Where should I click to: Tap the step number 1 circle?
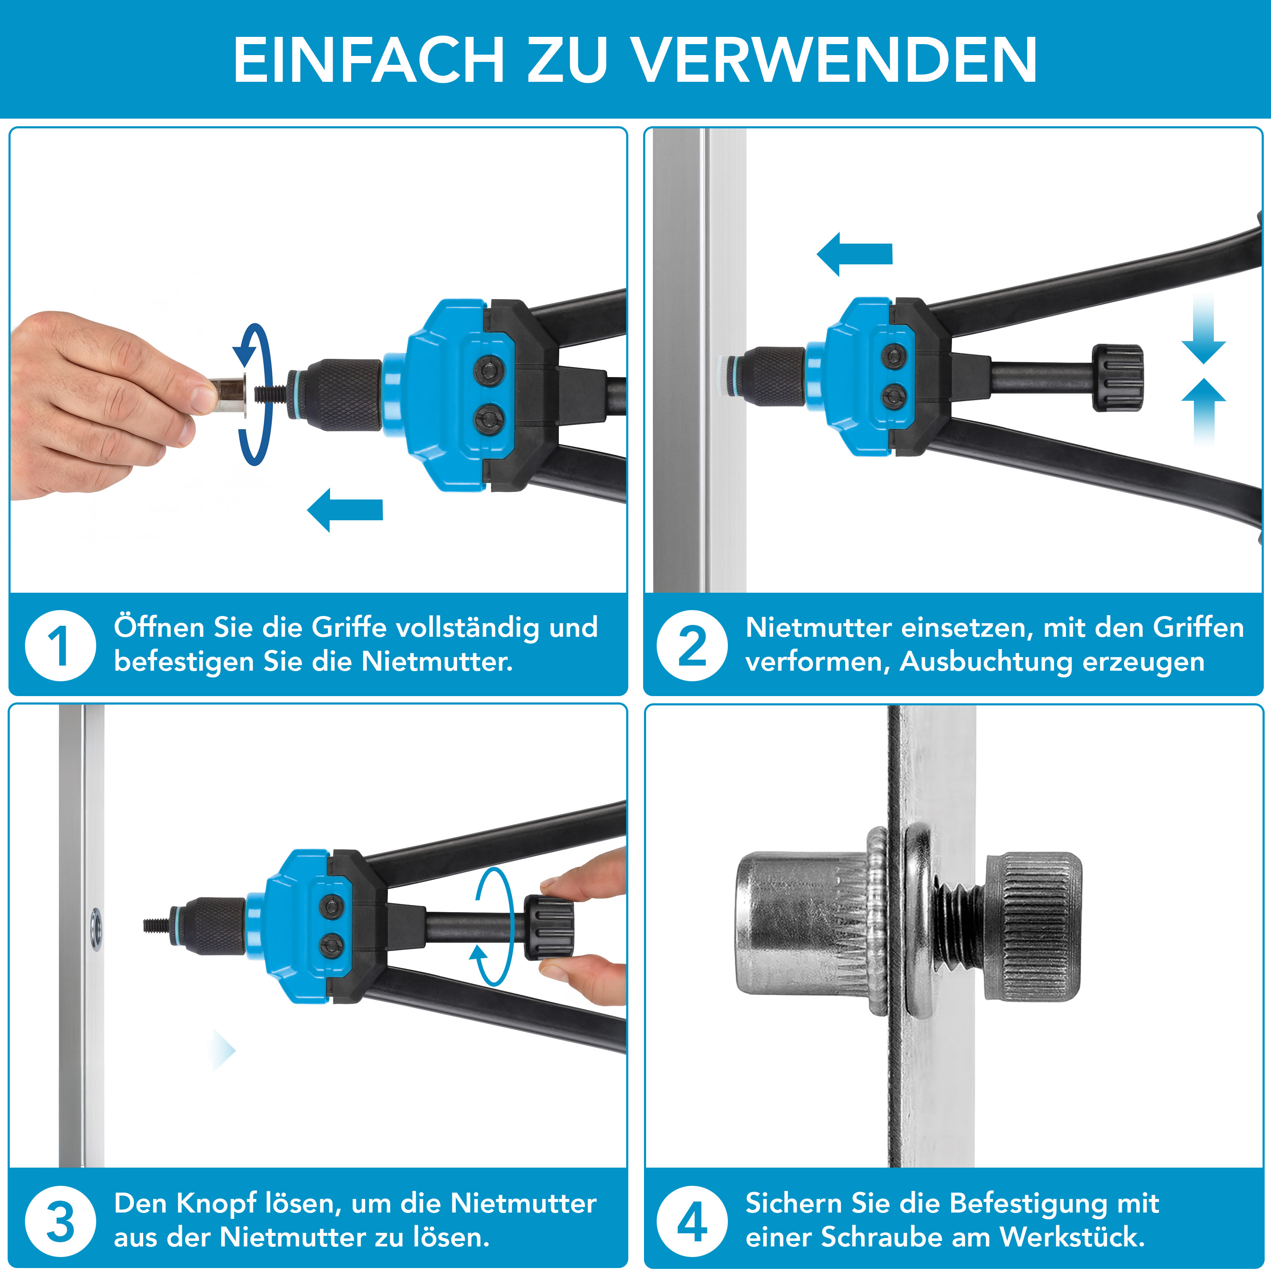[61, 645]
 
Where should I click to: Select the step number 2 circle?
[692, 645]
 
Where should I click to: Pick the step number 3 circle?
[61, 1222]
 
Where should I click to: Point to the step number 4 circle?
[692, 1222]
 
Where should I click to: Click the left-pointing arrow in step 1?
[345, 510]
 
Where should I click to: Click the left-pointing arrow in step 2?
[854, 254]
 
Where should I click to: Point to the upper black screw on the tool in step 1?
[489, 369]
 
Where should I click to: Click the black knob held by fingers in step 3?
[549, 926]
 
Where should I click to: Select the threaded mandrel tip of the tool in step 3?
[157, 926]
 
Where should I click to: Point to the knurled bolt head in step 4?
[1033, 927]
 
